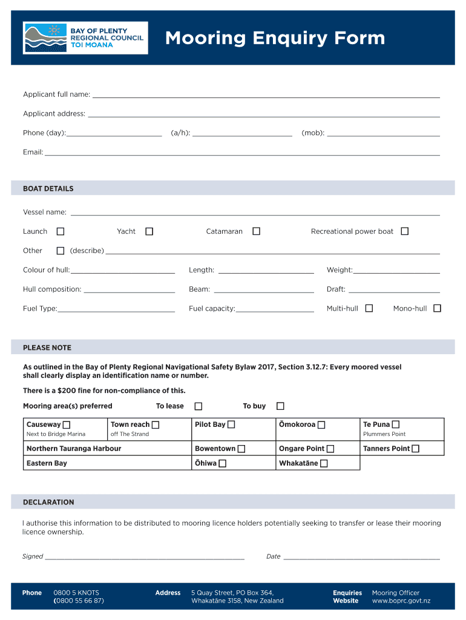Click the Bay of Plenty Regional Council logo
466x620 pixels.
(85, 38)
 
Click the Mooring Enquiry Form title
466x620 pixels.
(275, 39)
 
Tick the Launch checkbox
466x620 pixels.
(61, 231)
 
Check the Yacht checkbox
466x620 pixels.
(149, 231)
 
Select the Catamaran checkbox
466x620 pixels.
(257, 231)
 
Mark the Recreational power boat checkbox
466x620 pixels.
(405, 231)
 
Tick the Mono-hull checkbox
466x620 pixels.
(437, 308)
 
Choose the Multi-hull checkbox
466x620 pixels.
(369, 308)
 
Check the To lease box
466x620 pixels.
(198, 406)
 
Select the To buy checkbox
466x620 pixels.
(280, 406)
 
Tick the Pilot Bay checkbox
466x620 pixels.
(231, 424)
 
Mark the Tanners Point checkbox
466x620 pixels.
(416, 449)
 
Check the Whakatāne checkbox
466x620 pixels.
(324, 463)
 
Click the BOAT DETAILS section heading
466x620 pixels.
(48, 189)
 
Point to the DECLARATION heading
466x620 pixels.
(48, 502)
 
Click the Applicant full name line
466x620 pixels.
(266, 96)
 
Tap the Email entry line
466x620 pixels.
(242, 154)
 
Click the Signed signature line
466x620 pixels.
(145, 558)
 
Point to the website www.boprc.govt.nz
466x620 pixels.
(401, 601)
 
